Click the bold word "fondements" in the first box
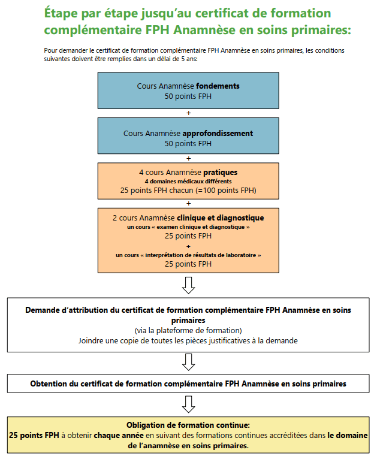point(218,86)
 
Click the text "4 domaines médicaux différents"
point(188,181)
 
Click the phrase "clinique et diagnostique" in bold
point(220,218)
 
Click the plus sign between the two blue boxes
point(189,113)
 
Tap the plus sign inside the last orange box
point(189,246)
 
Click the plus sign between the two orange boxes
point(189,203)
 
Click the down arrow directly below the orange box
point(189,285)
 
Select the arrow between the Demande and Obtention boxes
point(189,362)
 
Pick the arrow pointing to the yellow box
point(189,404)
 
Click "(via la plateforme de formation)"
point(188,330)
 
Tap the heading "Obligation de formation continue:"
point(188,424)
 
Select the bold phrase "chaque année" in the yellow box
point(116,435)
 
